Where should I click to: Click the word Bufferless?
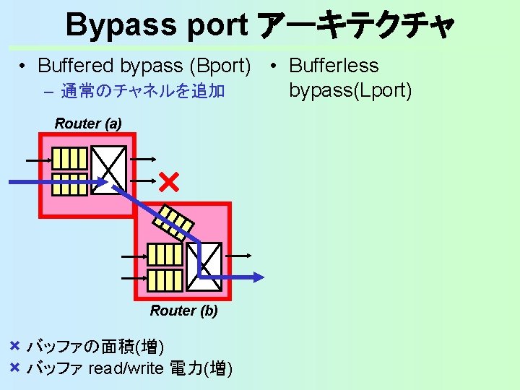pyautogui.click(x=334, y=66)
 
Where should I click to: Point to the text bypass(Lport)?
pyautogui.click(x=350, y=90)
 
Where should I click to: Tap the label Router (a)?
pyautogui.click(x=88, y=123)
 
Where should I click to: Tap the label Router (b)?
pyautogui.click(x=183, y=311)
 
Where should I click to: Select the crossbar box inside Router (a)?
pyautogui.click(x=109, y=170)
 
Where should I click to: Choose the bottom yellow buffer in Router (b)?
pyautogui.click(x=165, y=277)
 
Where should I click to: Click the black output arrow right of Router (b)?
pyautogui.click(x=240, y=255)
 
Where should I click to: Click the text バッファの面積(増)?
pyautogui.click(x=100, y=347)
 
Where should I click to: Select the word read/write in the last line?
pyautogui.click(x=126, y=369)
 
